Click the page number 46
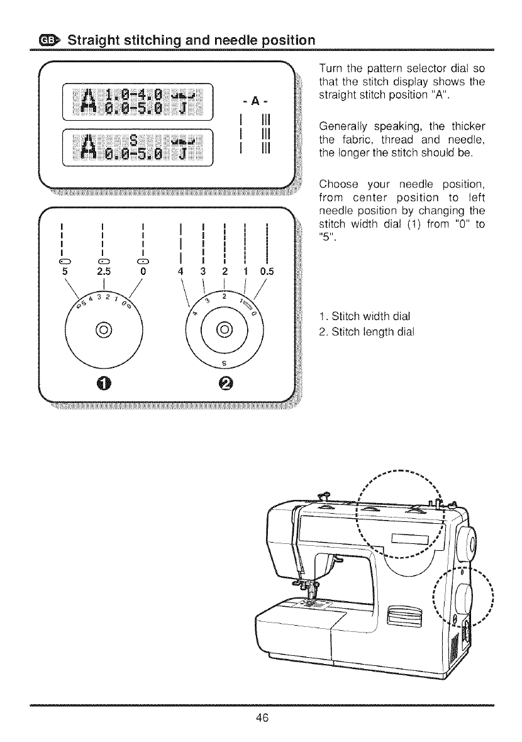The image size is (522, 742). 261,719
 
